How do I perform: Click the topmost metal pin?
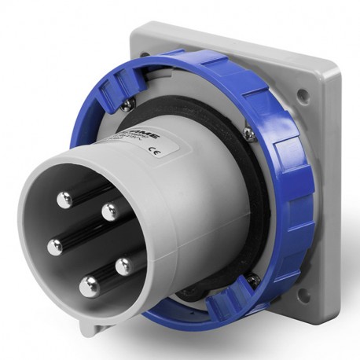64,200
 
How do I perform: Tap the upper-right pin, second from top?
110,210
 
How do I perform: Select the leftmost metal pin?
55,248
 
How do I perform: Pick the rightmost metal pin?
123,266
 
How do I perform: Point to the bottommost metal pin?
88,285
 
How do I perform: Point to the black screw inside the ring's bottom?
252,278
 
